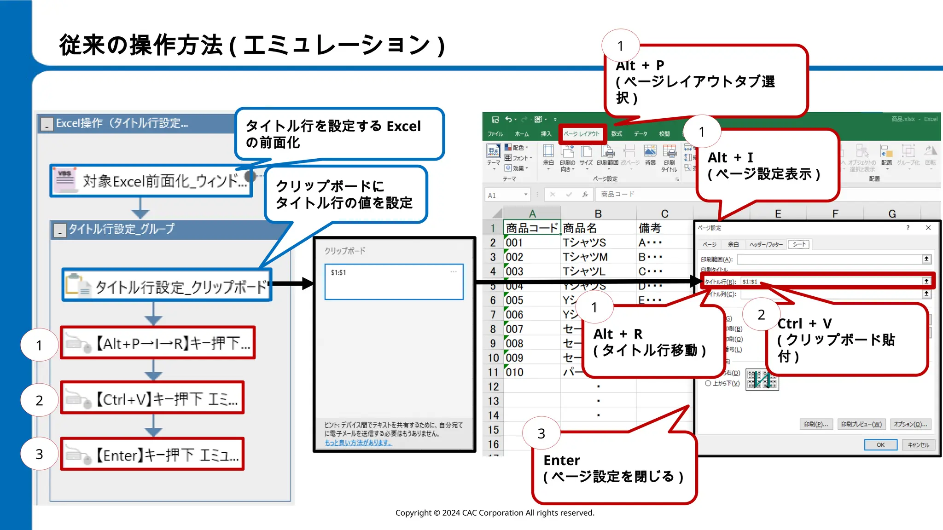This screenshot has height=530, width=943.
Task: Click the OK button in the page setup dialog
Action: click(880, 445)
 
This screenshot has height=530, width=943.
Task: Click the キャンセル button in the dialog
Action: click(918, 445)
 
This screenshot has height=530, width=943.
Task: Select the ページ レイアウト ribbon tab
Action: click(582, 134)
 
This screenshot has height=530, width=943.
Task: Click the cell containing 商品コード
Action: click(532, 228)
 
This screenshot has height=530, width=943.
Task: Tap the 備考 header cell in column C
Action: click(650, 228)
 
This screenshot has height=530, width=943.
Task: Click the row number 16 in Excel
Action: click(493, 444)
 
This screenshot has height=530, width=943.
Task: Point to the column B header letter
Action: click(598, 214)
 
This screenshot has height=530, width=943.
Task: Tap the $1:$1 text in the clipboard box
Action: click(338, 273)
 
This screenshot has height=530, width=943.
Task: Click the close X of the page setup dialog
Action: click(928, 228)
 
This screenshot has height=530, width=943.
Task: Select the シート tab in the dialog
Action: click(799, 244)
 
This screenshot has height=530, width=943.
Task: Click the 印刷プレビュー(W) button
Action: click(861, 424)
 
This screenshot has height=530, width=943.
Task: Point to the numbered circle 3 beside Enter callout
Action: click(541, 433)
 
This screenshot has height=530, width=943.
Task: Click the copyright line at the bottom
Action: click(495, 513)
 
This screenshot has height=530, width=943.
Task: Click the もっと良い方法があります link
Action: click(358, 443)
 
